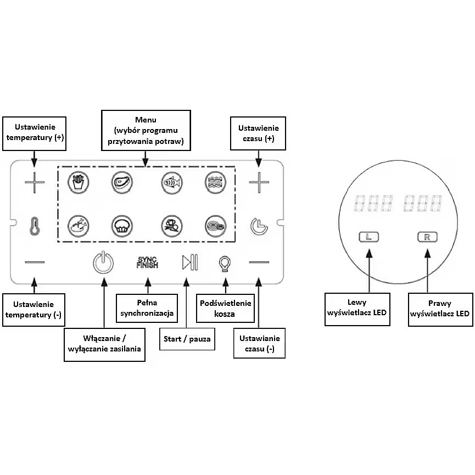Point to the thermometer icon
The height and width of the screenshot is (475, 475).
35,225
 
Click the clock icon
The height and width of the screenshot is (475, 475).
258,225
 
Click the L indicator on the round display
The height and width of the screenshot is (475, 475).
368,237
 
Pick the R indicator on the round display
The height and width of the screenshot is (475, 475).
426,237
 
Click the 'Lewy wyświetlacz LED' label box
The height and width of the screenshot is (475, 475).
357,308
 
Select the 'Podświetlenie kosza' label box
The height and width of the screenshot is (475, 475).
225,308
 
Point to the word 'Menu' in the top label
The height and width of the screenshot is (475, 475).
146,120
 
